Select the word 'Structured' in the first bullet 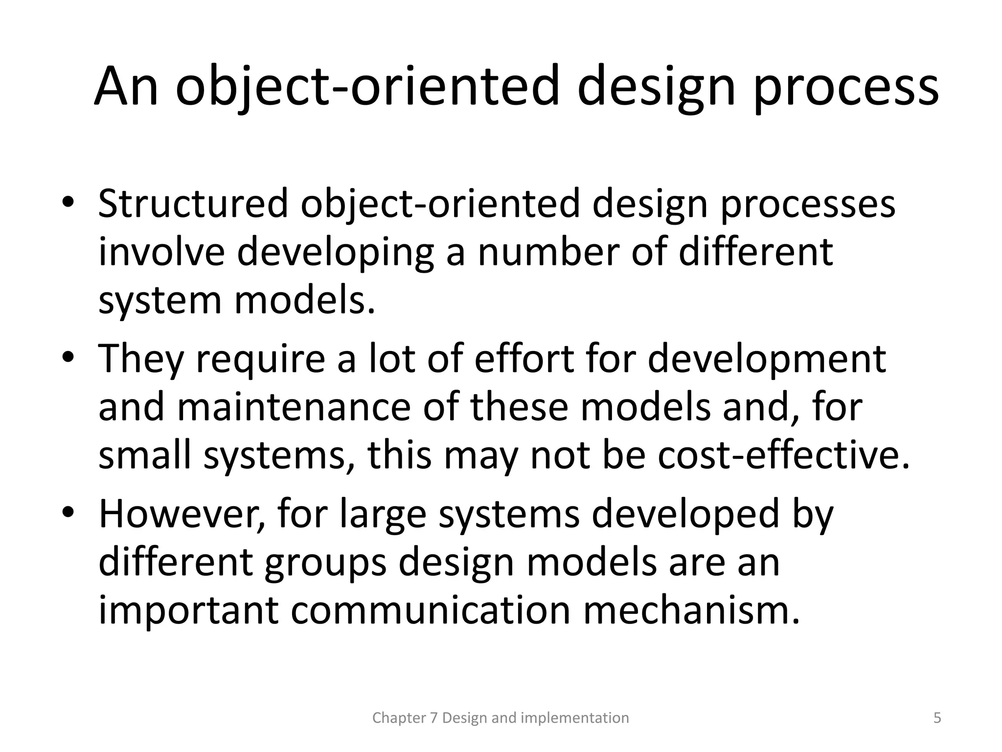pos(193,204)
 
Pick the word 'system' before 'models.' pos(160,302)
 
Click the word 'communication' pos(431,611)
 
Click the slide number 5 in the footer pos(937,718)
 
